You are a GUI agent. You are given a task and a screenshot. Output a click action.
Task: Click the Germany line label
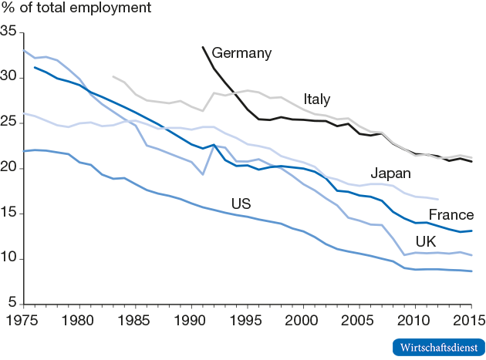click(241, 53)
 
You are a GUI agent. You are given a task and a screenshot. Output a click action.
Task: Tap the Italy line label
click(317, 99)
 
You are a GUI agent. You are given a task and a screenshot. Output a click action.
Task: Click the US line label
click(241, 204)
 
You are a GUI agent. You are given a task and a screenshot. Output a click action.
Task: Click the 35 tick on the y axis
click(9, 32)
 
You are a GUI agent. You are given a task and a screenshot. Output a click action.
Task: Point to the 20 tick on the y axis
click(9, 167)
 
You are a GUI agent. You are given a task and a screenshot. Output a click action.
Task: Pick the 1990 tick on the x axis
click(191, 318)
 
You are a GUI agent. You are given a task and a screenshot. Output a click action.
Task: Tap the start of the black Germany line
click(203, 47)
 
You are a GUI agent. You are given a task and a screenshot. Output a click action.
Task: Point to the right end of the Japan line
click(438, 199)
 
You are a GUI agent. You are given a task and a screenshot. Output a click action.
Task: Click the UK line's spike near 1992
click(214, 146)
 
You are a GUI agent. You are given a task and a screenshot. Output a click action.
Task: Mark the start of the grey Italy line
click(113, 76)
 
